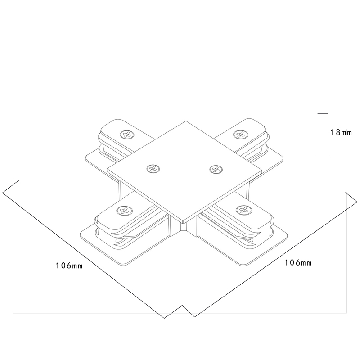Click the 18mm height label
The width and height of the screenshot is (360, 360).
(341, 132)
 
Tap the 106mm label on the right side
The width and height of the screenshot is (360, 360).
(298, 262)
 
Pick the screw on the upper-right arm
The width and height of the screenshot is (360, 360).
(239, 134)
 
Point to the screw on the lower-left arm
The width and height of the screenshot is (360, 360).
(122, 210)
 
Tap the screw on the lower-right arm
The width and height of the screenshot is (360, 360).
(243, 210)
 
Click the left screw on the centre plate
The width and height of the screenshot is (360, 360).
(154, 169)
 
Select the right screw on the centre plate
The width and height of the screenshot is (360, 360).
(215, 169)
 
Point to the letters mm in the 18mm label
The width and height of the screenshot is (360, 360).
(346, 132)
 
